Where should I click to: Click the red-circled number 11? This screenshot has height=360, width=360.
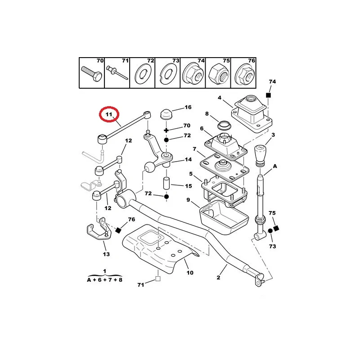(x=108, y=115)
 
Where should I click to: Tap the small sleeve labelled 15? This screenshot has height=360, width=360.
(x=166, y=183)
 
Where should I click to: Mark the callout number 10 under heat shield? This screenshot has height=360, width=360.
(x=189, y=273)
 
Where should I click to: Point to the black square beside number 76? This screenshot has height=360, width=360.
(x=118, y=230)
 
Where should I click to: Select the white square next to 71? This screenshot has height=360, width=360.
(x=157, y=279)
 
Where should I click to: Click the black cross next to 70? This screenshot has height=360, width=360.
(x=166, y=130)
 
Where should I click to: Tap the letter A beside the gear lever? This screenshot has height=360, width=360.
(x=275, y=166)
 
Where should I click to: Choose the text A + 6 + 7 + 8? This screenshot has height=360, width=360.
(x=104, y=279)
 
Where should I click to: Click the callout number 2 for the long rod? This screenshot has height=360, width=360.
(x=218, y=278)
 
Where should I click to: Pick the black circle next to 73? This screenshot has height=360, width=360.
(x=270, y=231)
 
